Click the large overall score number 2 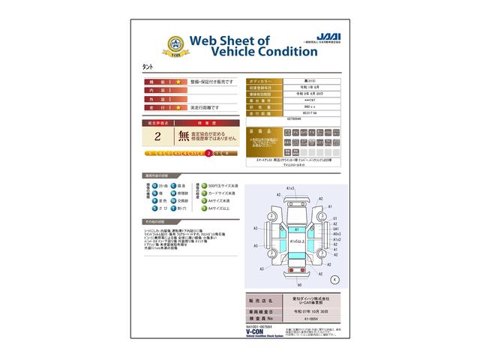157,136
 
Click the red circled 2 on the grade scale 208,152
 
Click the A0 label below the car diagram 298,285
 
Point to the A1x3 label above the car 290,188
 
